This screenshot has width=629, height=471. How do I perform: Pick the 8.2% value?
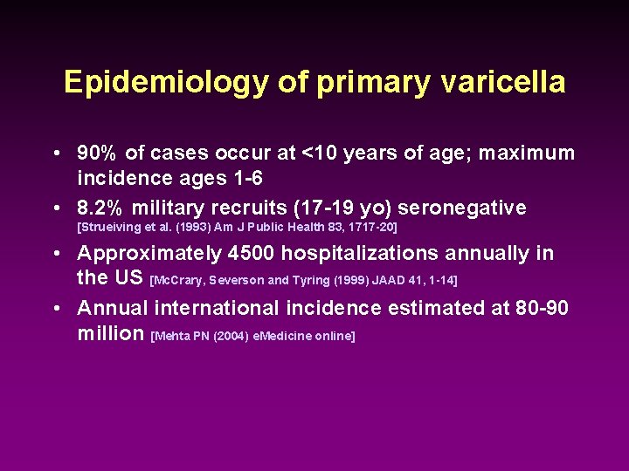coord(101,208)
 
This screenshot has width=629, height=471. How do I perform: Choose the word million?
coord(111,334)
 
